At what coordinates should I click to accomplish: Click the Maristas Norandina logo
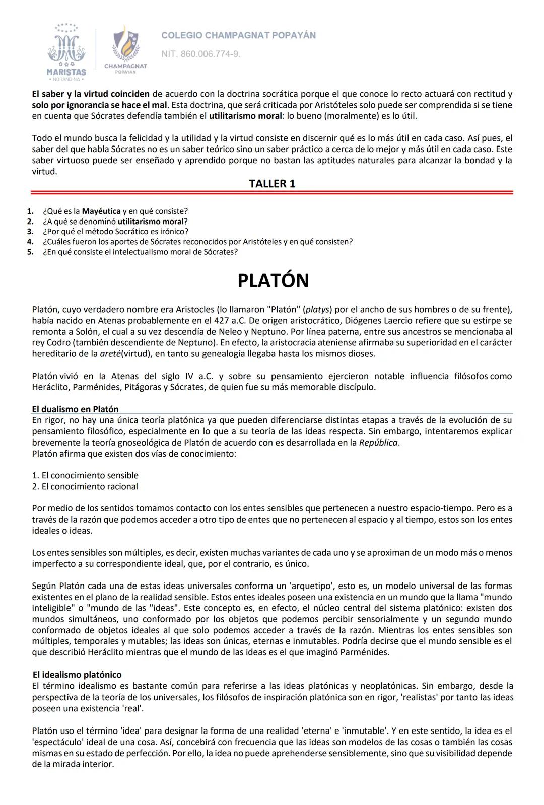pyautogui.click(x=66, y=52)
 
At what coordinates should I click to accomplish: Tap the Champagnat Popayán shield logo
pyautogui.click(x=125, y=48)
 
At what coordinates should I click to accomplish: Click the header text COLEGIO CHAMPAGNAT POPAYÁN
pyautogui.click(x=238, y=35)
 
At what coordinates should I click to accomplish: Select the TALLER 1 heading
pyautogui.click(x=272, y=184)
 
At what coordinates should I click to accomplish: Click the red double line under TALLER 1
pyautogui.click(x=272, y=192)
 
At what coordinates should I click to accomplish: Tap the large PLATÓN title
pyautogui.click(x=273, y=281)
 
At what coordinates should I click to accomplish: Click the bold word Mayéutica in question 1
pyautogui.click(x=101, y=211)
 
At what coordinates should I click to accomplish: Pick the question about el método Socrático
pyautogui.click(x=115, y=232)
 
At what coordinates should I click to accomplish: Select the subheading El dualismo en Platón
pyautogui.click(x=75, y=409)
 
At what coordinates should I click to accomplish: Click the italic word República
pyautogui.click(x=378, y=443)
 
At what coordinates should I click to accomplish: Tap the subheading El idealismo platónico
pyautogui.click(x=77, y=675)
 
